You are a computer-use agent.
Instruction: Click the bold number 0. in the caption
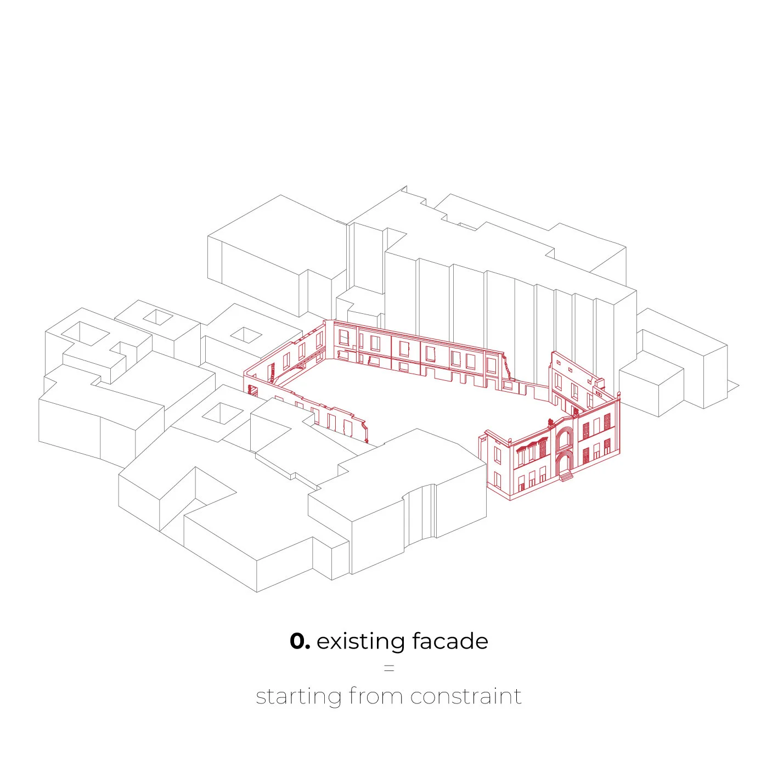point(300,641)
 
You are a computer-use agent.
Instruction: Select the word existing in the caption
point(360,641)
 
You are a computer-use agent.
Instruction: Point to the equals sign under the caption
point(389,668)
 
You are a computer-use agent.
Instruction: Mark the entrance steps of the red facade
point(565,477)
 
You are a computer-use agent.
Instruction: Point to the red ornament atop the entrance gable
point(550,422)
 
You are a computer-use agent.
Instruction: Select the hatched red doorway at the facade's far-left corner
point(253,390)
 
